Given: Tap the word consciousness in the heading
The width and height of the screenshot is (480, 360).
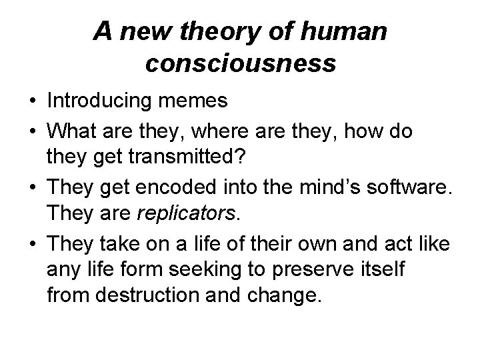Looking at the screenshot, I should coord(240,63).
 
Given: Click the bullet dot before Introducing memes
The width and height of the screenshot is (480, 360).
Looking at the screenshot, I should coord(32,102).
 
